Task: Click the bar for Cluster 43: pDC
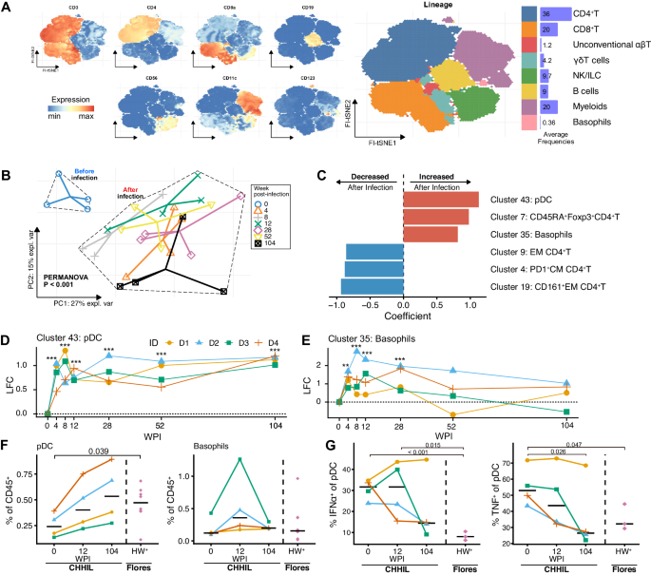click(440, 200)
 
